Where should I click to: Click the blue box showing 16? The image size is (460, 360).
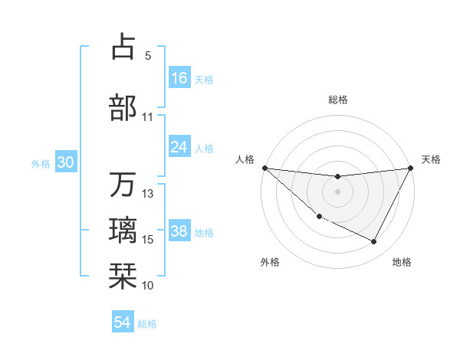point(179,77)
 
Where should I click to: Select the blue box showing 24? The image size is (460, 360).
point(179,147)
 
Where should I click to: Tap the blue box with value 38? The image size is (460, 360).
point(179,231)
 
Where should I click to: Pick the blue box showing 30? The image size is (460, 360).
point(65,162)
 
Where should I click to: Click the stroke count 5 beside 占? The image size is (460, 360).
point(148,56)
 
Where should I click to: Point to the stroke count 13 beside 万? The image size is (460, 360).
point(148,193)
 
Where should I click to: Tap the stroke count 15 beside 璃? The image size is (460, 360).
point(148,240)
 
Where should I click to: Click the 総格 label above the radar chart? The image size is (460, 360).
point(337,100)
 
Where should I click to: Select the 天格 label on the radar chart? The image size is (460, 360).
point(431,159)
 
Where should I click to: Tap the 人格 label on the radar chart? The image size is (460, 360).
point(245,159)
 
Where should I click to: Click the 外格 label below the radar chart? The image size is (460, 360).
point(270,262)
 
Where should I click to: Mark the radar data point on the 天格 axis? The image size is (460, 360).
point(411,168)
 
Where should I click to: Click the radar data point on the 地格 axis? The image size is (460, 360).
point(374,242)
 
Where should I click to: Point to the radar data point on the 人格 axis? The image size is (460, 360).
point(264,168)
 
